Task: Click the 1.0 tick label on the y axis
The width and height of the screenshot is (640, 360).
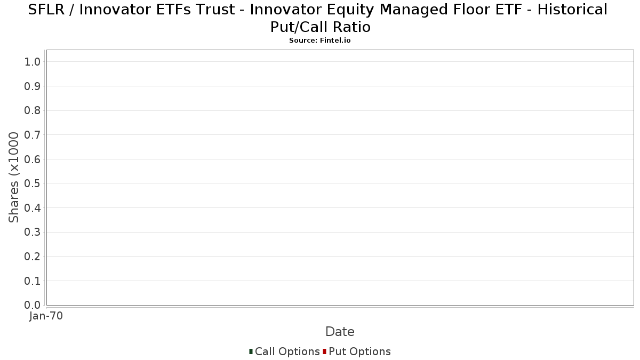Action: point(33,62)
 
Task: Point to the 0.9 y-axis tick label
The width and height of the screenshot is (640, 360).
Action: point(33,86)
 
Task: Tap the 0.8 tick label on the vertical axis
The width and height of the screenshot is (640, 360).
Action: point(33,110)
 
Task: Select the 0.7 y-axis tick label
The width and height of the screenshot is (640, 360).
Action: point(33,135)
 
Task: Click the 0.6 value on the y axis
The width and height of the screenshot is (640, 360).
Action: point(33,159)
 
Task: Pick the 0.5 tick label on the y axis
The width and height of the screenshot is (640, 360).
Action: point(33,183)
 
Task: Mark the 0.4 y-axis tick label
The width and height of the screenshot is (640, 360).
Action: point(33,208)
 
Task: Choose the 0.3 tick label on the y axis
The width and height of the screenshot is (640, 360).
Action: point(33,233)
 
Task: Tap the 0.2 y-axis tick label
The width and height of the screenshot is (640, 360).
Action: point(33,257)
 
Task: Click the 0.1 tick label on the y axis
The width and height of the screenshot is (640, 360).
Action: point(33,281)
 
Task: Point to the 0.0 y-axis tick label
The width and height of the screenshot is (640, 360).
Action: point(33,305)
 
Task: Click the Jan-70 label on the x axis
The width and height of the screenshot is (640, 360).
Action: point(46,316)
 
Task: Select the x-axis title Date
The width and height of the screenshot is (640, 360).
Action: point(340,332)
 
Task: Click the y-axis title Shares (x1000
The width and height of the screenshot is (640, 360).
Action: point(13,178)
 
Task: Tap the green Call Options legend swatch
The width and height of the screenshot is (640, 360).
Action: point(251,351)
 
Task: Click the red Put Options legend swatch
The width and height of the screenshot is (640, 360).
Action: point(325,351)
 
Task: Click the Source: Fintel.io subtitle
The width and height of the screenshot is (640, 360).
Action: point(320,41)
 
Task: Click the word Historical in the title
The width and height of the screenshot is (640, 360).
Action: point(572,10)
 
